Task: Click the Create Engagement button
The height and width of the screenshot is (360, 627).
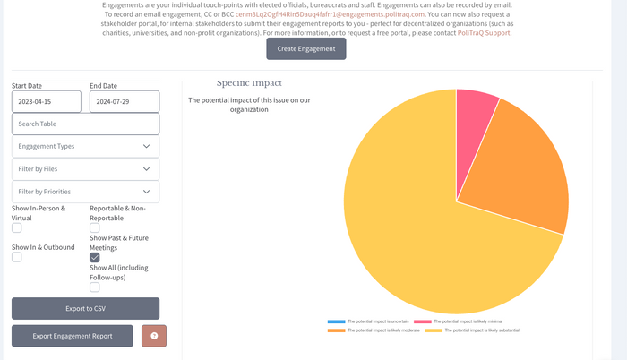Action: [305, 49]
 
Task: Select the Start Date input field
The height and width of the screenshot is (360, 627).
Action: [46, 101]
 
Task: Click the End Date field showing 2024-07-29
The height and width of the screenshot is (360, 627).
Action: [124, 101]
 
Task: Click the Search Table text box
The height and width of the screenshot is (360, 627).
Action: [85, 124]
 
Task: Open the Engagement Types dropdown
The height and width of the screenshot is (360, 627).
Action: [85, 146]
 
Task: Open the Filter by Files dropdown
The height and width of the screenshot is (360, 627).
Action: [85, 168]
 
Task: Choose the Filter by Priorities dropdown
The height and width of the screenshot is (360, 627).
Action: [85, 192]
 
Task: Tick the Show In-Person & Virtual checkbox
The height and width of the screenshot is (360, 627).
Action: [17, 228]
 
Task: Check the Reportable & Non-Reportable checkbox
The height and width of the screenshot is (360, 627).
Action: [95, 228]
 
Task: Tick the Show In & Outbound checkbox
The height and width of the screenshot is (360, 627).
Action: [17, 258]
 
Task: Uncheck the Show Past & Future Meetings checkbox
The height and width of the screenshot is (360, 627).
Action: [95, 258]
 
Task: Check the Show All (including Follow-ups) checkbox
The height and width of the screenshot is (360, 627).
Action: [95, 287]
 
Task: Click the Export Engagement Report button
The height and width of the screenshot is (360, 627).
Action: [73, 336]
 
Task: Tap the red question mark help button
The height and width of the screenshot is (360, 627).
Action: [154, 336]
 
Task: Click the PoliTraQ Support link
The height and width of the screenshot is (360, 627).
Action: [485, 32]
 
